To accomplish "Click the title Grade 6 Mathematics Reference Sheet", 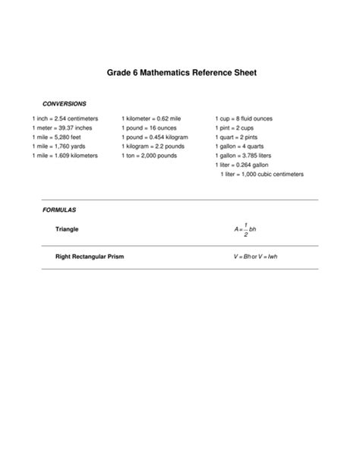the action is click(x=180, y=74).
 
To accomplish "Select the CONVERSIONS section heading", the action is click(x=64, y=103).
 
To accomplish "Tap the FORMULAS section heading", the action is click(x=59, y=209).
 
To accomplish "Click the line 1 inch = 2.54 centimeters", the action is click(x=65, y=119).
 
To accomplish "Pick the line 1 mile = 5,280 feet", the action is click(x=56, y=137).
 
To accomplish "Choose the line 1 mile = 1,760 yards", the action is click(x=58, y=146).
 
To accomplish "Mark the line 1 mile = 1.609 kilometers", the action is click(x=65, y=156).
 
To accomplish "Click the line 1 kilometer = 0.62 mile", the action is click(x=150, y=119).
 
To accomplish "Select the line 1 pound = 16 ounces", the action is click(x=149, y=128).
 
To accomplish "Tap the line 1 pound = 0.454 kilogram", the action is click(x=155, y=137).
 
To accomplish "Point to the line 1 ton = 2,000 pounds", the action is click(x=150, y=156).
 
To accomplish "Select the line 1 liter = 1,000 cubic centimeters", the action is click(x=262, y=174).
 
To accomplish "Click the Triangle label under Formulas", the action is click(x=67, y=228).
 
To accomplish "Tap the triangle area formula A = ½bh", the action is click(x=247, y=228).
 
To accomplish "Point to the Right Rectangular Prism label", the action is click(x=90, y=257).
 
